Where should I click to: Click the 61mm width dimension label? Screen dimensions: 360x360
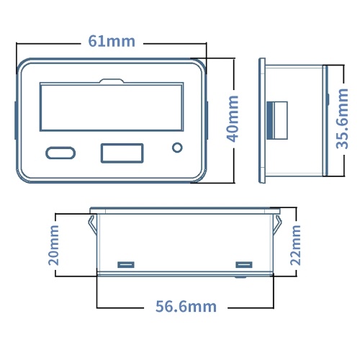pyautogui.click(x=112, y=41)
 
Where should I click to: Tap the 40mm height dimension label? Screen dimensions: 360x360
pyautogui.click(x=233, y=119)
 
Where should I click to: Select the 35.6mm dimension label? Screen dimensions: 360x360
pyautogui.click(x=342, y=119)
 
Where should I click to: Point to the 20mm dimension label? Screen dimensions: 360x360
pyautogui.click(x=53, y=245)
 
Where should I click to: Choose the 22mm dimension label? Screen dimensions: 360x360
pyautogui.click(x=295, y=245)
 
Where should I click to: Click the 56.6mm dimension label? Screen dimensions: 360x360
pyautogui.click(x=186, y=307)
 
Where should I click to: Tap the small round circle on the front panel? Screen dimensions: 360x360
pyautogui.click(x=177, y=148)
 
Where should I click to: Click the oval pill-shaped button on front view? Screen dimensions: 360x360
pyautogui.click(x=60, y=153)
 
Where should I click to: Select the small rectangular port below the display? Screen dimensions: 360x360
pyautogui.click(x=122, y=153)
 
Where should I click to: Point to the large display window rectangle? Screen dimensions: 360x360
pyautogui.click(x=112, y=107)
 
